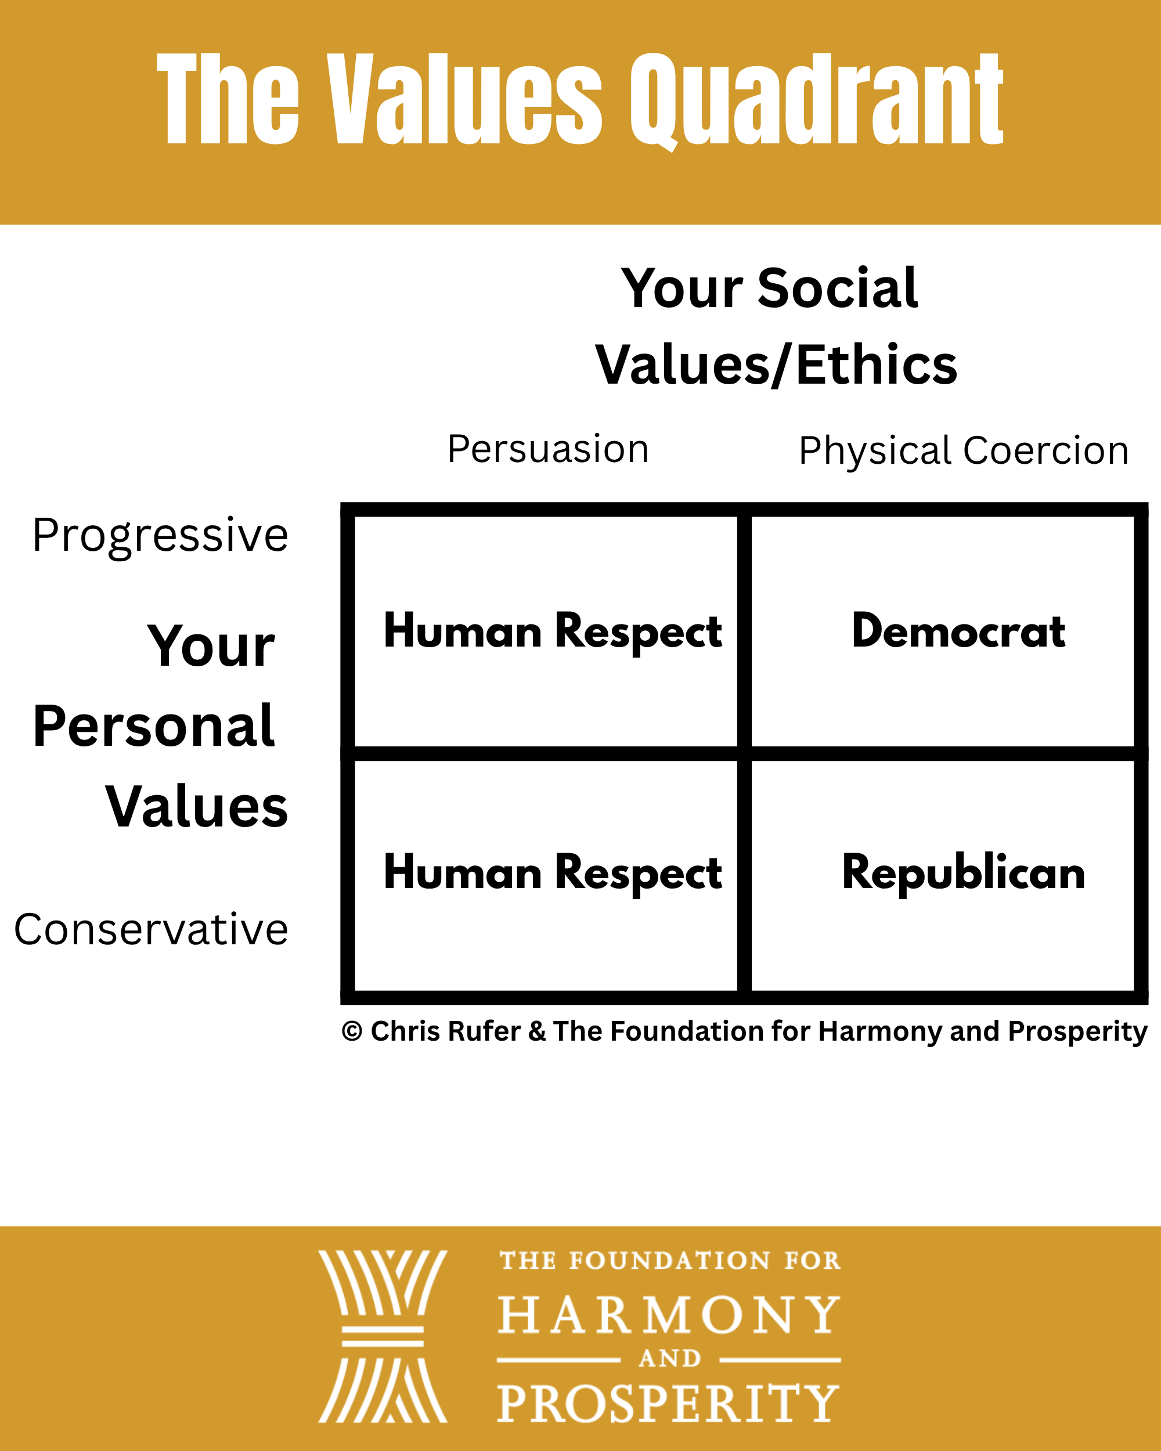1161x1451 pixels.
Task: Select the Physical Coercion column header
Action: point(963,450)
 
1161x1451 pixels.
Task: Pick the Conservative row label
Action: point(152,929)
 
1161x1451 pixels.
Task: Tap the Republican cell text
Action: point(963,873)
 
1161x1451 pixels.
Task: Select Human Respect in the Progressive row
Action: point(553,632)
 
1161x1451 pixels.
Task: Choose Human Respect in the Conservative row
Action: point(553,874)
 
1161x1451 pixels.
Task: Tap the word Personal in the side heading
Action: point(153,726)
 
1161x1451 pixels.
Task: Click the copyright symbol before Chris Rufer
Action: point(352,1031)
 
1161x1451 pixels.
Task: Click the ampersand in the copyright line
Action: point(537,1031)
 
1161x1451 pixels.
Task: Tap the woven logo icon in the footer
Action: point(383,1337)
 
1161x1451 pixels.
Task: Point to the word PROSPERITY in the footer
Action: point(668,1403)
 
